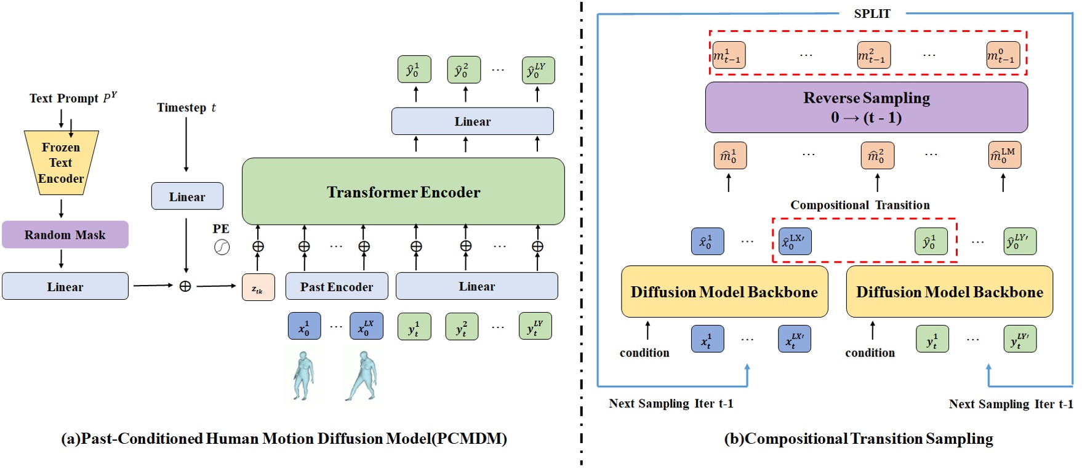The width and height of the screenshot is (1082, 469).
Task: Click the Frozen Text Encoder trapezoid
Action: click(x=61, y=163)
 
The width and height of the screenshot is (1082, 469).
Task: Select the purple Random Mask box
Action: click(x=65, y=235)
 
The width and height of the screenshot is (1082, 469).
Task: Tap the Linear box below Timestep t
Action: click(x=187, y=196)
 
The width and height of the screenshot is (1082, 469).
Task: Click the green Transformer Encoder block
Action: click(x=403, y=191)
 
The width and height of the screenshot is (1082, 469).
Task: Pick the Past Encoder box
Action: click(x=337, y=286)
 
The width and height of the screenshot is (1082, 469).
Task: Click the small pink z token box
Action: click(x=258, y=287)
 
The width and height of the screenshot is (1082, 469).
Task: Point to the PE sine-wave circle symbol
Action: click(x=222, y=247)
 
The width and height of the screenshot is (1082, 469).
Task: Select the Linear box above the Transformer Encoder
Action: click(x=472, y=121)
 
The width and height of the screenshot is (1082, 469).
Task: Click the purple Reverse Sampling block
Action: click(x=866, y=108)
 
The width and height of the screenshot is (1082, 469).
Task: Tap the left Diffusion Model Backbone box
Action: click(x=724, y=292)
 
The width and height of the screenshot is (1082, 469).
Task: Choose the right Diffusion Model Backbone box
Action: click(x=949, y=292)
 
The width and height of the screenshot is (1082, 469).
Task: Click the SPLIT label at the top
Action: click(x=872, y=14)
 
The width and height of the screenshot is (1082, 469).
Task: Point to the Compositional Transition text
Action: click(x=860, y=205)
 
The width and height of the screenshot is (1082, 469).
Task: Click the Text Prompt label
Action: click(x=73, y=98)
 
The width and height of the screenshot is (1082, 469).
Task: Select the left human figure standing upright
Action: click(x=303, y=375)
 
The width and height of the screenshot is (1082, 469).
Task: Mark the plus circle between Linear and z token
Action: click(x=185, y=286)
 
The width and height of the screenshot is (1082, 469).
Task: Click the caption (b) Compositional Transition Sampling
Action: click(x=859, y=439)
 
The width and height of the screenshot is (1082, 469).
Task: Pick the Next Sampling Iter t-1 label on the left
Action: click(x=671, y=403)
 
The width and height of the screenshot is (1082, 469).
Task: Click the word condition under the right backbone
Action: click(x=870, y=353)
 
